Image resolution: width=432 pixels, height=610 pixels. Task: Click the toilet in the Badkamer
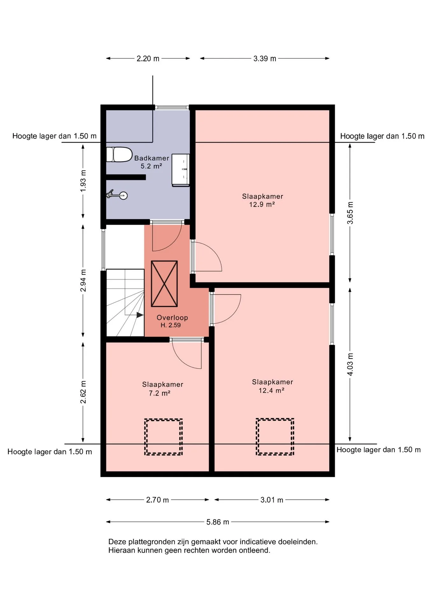(x=119, y=154)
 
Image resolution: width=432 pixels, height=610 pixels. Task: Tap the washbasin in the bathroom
(x=180, y=170)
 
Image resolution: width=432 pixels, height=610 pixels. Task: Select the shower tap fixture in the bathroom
(x=117, y=194)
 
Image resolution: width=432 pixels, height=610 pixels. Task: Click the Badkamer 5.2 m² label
(x=152, y=162)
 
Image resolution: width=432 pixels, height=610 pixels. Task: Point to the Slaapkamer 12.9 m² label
(x=262, y=200)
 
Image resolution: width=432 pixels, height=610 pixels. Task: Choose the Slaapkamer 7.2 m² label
(x=162, y=389)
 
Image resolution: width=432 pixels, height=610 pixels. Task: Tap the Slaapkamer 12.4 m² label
(x=272, y=386)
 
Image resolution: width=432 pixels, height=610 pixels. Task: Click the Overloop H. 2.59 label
(x=172, y=321)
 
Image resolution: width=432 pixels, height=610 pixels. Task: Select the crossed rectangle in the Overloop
(x=164, y=284)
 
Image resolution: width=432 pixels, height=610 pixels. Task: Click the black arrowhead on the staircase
(x=140, y=315)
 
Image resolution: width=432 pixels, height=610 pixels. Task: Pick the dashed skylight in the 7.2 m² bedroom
(x=164, y=437)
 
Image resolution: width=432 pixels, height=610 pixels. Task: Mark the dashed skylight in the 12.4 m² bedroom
(x=275, y=437)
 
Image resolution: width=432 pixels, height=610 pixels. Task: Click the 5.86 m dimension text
(x=218, y=522)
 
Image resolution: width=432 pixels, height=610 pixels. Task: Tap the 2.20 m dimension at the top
(x=148, y=58)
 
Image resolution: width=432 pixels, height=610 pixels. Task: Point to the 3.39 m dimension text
(x=265, y=58)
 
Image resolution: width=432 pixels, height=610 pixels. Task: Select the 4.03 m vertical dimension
(x=350, y=364)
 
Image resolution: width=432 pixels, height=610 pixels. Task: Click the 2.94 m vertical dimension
(x=83, y=281)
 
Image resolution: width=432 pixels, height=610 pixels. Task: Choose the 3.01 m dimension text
(x=272, y=500)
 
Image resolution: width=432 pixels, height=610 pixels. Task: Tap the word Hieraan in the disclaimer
(x=122, y=550)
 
